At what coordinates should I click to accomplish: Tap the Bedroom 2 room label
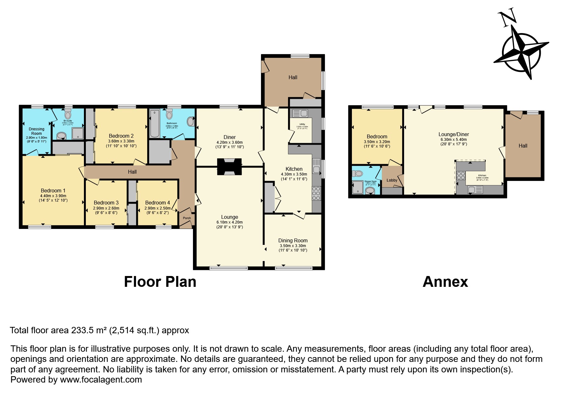click(121, 136)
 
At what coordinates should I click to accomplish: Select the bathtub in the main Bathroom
click(155, 123)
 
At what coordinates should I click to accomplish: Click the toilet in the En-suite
click(68, 114)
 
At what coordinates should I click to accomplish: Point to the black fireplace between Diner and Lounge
click(229, 167)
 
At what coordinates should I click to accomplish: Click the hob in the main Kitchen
click(316, 193)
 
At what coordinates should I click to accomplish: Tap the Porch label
click(187, 218)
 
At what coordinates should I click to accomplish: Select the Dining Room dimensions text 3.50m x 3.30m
click(292, 246)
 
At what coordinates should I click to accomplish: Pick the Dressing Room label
click(37, 131)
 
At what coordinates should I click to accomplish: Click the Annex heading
click(445, 282)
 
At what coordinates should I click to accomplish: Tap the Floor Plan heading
click(160, 282)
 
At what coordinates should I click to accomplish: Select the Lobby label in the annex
click(392, 180)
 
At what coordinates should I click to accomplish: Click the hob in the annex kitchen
click(461, 176)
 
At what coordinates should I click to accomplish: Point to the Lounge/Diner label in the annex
click(454, 135)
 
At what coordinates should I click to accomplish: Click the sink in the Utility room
click(300, 113)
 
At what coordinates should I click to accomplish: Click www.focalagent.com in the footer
click(101, 380)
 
